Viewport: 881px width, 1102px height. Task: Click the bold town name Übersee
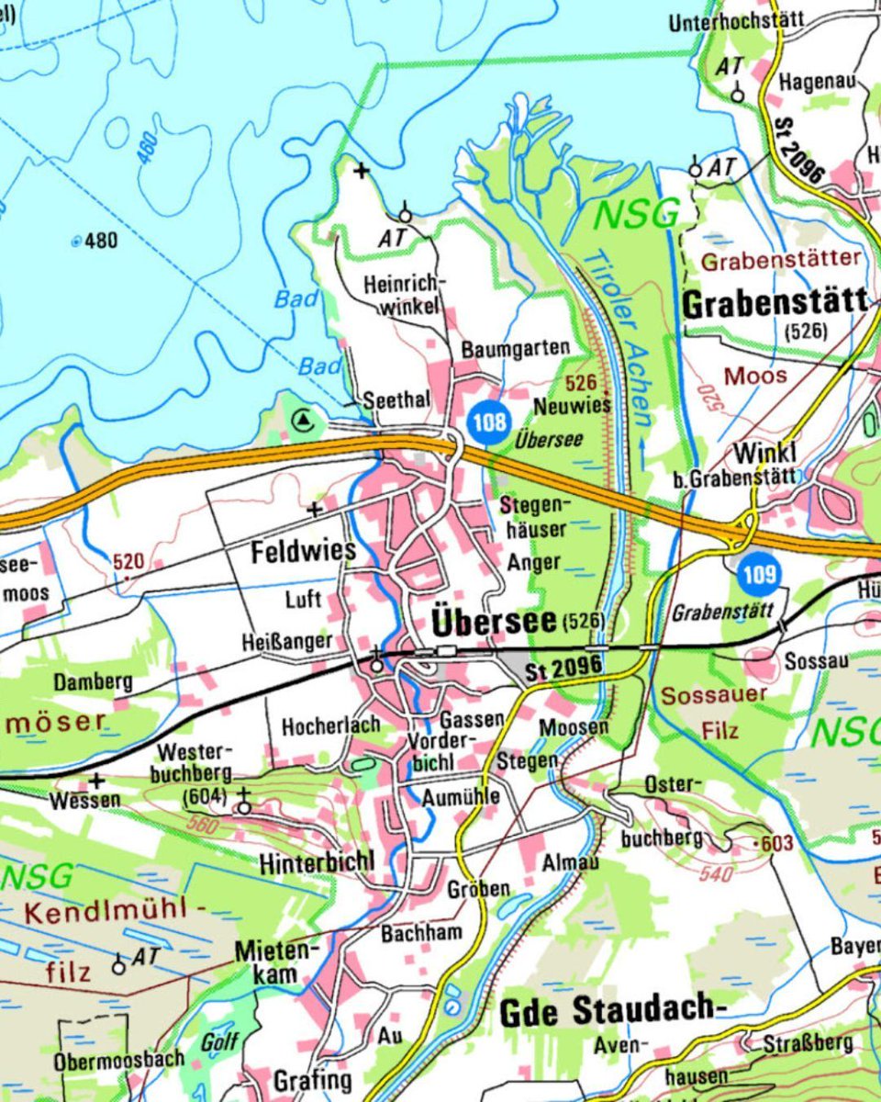point(494,622)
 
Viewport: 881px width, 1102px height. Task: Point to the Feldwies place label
point(303,551)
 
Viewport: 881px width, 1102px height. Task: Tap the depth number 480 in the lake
point(100,241)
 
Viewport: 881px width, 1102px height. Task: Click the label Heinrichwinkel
point(404,294)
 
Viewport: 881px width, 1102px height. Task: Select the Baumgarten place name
point(516,349)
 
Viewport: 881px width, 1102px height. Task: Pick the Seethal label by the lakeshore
point(396,401)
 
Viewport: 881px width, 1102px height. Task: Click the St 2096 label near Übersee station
point(563,668)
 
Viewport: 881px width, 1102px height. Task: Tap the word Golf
point(219,1041)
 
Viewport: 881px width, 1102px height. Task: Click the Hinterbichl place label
point(317,863)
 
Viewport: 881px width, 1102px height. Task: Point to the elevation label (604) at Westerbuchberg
point(204,796)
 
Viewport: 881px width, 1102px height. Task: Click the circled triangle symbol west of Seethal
point(304,422)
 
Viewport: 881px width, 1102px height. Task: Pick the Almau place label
point(571,863)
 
